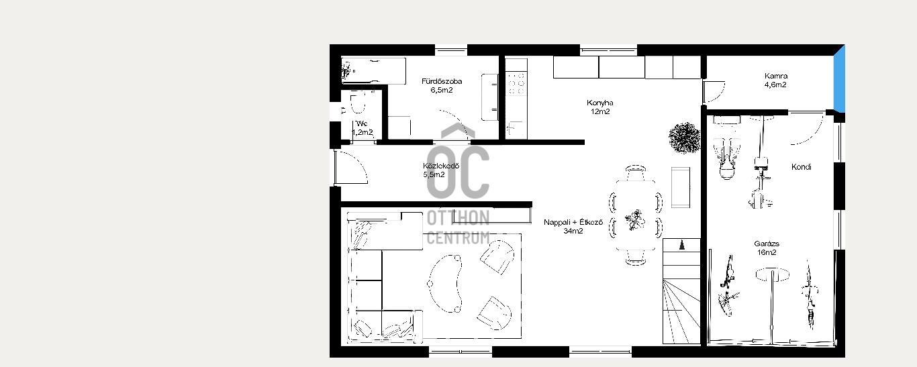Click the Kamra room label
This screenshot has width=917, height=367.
point(776,76)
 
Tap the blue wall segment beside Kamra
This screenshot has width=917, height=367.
point(839,78)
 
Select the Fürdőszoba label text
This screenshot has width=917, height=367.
point(442,81)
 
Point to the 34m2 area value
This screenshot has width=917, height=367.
point(573,231)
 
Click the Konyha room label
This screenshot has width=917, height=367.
point(599,103)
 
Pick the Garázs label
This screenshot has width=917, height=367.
point(767,244)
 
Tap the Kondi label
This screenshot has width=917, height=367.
point(801,167)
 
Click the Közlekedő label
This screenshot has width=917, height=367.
point(441,166)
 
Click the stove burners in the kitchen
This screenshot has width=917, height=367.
point(516,83)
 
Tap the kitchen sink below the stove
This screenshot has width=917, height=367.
point(516,129)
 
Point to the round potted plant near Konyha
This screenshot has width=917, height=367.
point(684,138)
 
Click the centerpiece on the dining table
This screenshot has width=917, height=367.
point(635,220)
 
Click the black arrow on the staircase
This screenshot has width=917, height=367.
point(681,245)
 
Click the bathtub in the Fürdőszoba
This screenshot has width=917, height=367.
point(373,71)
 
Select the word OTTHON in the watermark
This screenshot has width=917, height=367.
point(458,218)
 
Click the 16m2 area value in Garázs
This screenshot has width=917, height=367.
point(767,252)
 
